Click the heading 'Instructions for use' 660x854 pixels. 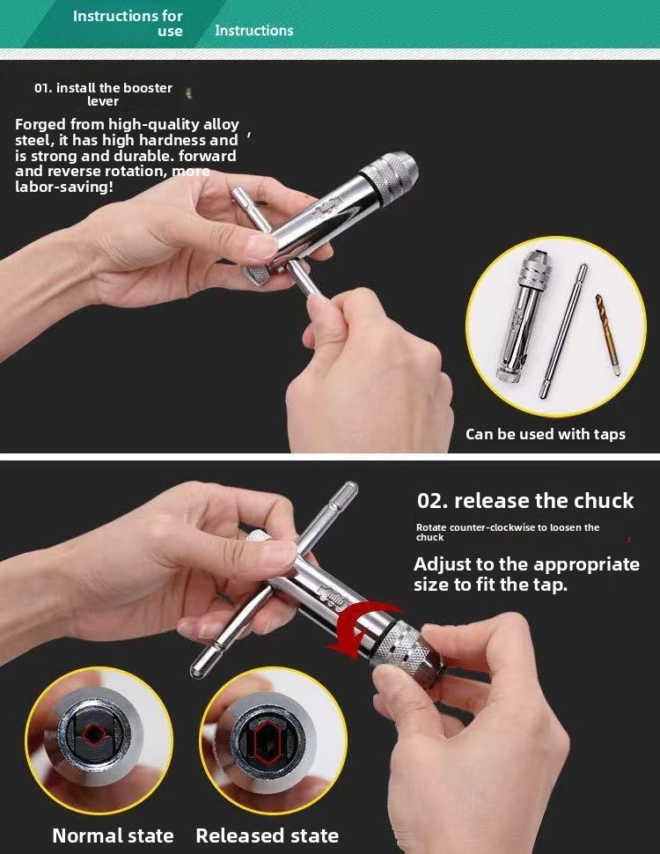pos(128,23)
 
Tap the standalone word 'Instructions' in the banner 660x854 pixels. pos(253,30)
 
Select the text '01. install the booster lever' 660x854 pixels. pos(103,94)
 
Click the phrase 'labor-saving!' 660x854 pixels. pos(63,187)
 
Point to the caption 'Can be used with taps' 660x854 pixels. pos(545,434)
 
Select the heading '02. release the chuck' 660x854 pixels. pos(524,501)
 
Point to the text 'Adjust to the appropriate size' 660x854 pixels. pos(526,573)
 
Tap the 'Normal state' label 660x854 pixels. pos(113,836)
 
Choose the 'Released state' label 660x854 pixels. pos(267,836)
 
